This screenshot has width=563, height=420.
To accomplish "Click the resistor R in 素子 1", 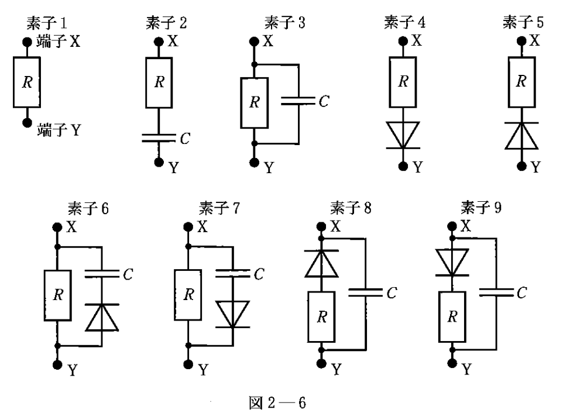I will point(26,82).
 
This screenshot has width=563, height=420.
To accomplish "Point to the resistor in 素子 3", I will point(253,102).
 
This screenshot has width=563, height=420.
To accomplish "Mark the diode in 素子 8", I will point(321,263).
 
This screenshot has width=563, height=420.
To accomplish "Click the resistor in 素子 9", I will point(452,317).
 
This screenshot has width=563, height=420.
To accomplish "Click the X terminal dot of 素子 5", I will point(522,42).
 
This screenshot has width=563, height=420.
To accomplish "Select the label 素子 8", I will point(351,208).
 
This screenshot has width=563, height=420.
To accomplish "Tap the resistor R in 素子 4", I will point(402,82).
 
